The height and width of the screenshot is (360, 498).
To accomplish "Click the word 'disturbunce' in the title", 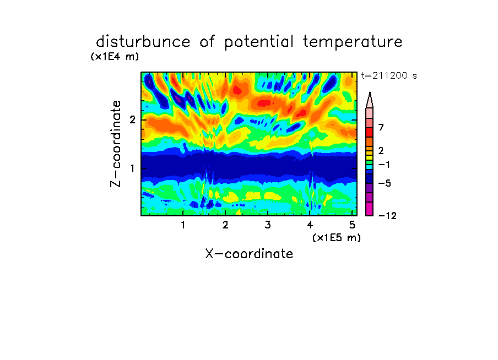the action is click(143, 41).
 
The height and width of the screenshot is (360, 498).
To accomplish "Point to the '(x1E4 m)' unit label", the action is click(115, 57).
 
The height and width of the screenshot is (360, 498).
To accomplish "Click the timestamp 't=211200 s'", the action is click(389, 75).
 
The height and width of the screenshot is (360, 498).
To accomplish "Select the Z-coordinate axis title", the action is click(116, 144).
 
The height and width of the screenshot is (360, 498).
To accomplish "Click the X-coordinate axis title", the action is click(249, 254).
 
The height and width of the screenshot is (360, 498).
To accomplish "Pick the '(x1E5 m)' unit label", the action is click(337, 237).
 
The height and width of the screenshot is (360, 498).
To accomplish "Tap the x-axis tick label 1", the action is click(183, 225).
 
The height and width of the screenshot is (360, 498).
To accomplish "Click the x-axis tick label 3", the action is click(268, 225).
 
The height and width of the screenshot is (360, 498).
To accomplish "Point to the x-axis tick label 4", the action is click(310, 225).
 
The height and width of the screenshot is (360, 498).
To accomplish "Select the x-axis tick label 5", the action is click(352, 225).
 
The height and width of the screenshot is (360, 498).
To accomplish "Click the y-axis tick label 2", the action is click(132, 119).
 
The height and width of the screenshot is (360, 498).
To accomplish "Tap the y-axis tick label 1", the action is click(132, 168).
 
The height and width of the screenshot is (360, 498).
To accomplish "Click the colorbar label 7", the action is click(381, 127).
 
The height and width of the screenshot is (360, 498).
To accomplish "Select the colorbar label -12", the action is click(387, 216).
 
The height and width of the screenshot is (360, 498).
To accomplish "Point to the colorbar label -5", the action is click(385, 183).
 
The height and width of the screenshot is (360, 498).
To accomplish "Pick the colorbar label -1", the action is click(384, 165).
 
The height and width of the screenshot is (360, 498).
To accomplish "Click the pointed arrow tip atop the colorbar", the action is click(370, 92).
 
